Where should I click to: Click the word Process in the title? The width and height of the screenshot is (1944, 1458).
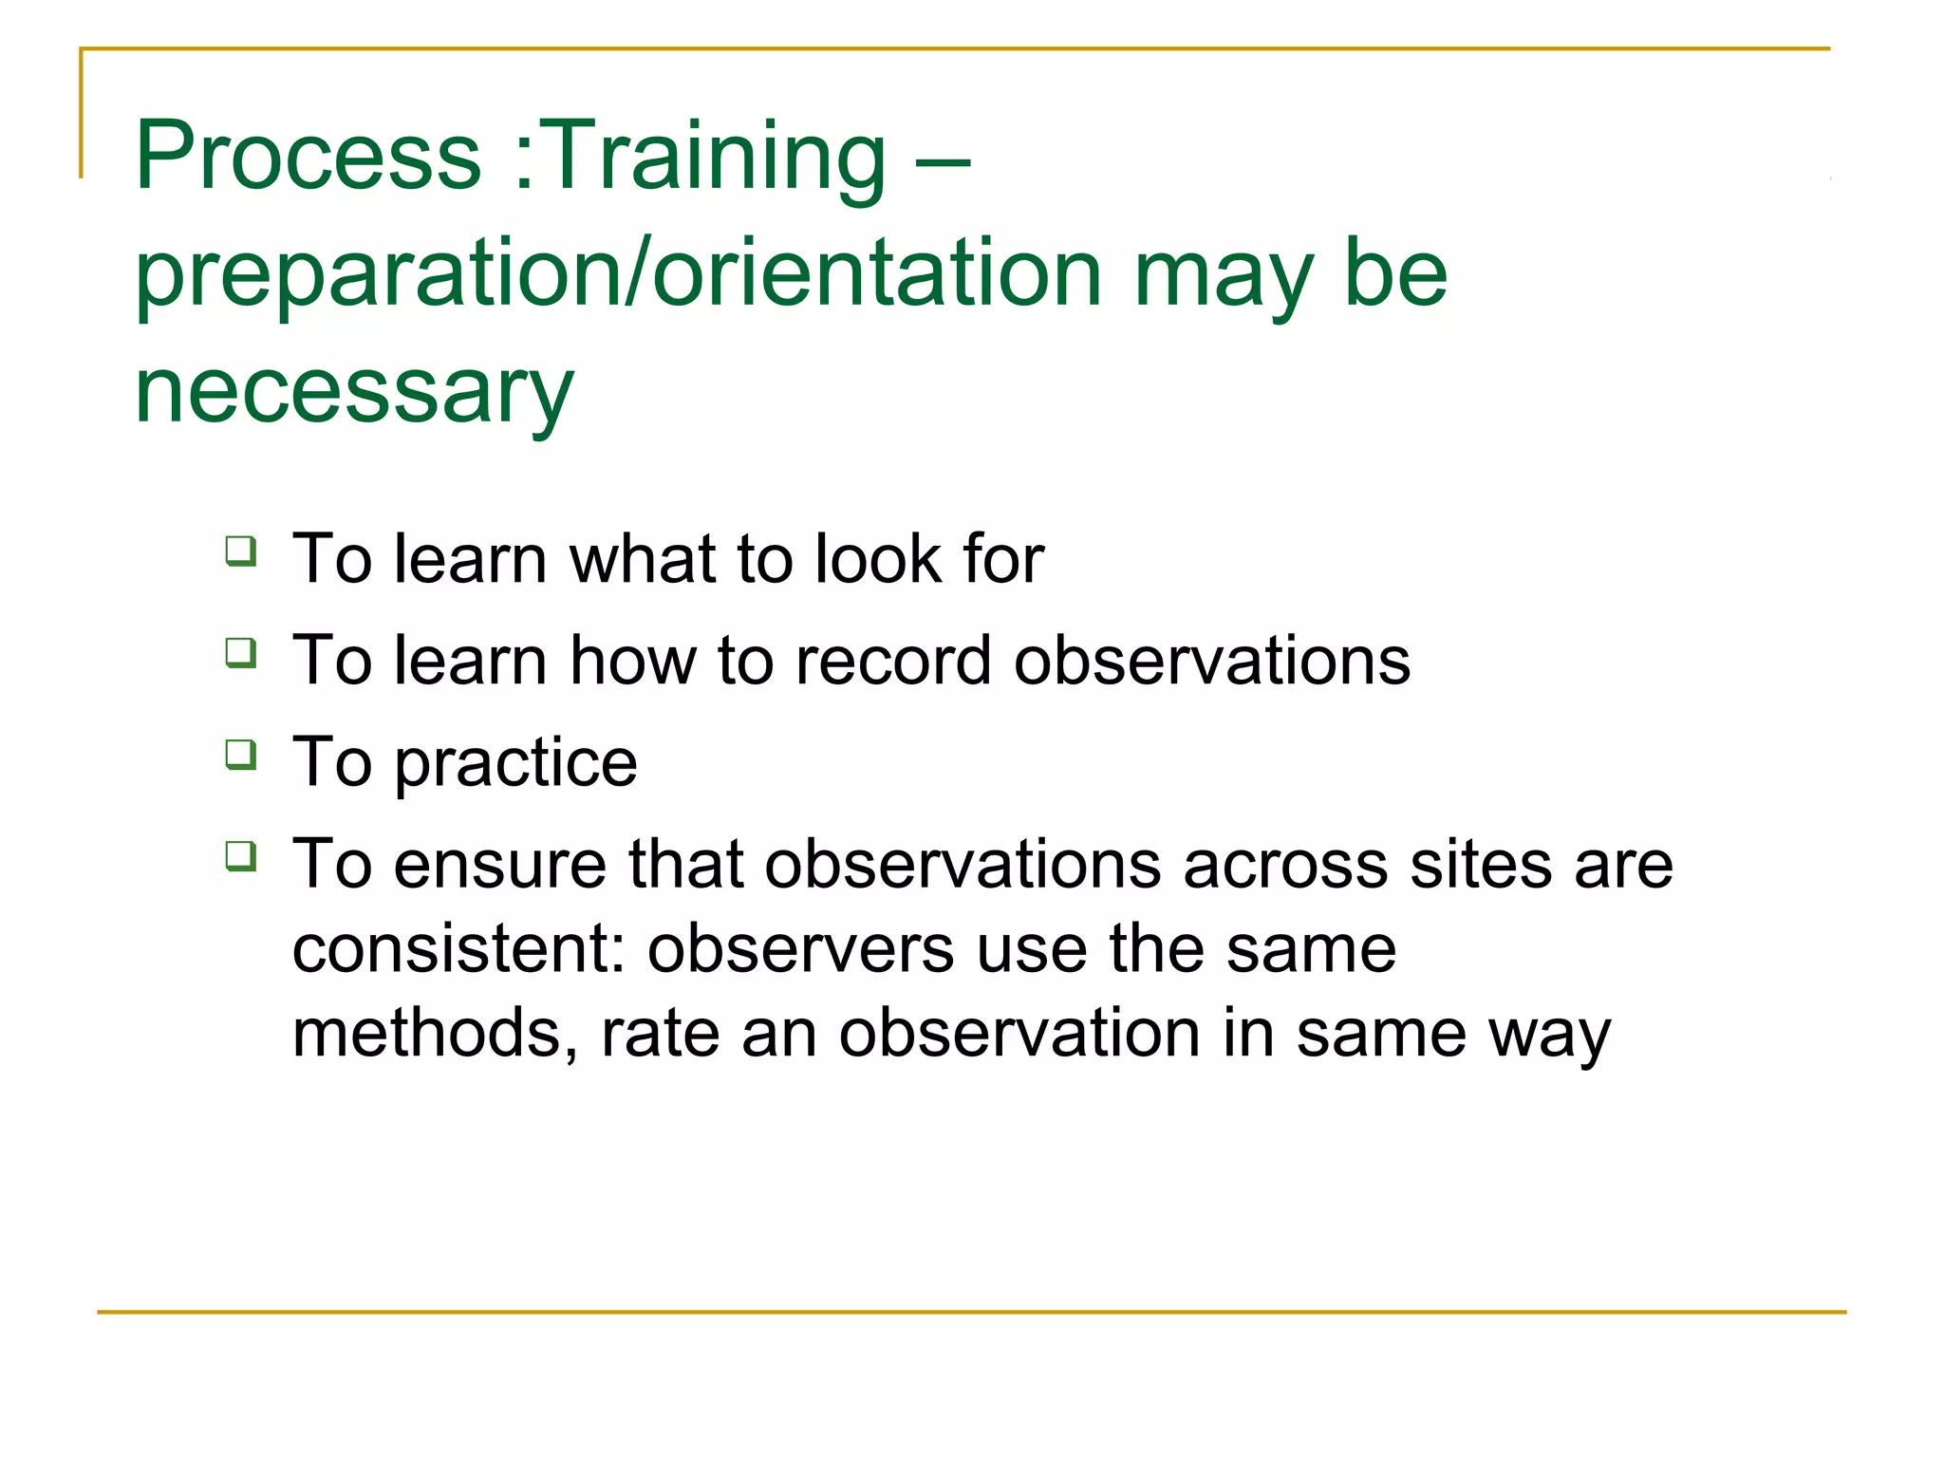(x=308, y=157)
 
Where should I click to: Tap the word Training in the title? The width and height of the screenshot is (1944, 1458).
(x=717, y=157)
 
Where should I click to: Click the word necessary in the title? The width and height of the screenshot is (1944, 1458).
(x=354, y=392)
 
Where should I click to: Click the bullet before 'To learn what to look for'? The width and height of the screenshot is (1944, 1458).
(x=241, y=551)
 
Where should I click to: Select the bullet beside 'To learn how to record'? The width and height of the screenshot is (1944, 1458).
(x=241, y=654)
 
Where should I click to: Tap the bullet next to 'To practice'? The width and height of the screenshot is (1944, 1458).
(x=241, y=756)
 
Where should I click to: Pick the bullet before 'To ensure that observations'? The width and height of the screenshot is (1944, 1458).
(x=241, y=857)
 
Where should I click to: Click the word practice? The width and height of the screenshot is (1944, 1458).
(x=515, y=765)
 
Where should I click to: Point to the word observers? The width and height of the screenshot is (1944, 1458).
(x=800, y=949)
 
